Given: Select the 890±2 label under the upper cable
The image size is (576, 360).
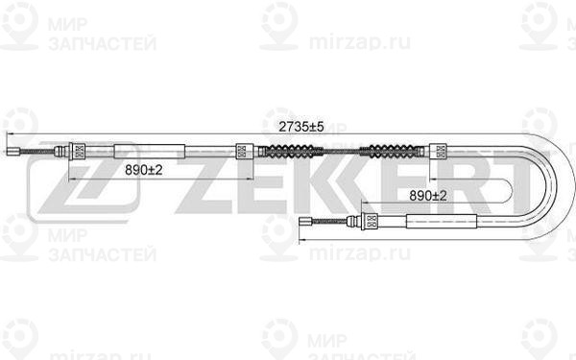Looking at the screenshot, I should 144,169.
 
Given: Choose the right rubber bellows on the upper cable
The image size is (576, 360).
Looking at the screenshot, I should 394,150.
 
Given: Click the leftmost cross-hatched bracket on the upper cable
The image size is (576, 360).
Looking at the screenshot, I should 78,150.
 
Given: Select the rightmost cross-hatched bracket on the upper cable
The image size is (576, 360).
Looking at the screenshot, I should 440,150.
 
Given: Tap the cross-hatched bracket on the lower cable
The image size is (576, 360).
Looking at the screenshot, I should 367,222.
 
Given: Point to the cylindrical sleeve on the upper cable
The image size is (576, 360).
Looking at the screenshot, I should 149,150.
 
